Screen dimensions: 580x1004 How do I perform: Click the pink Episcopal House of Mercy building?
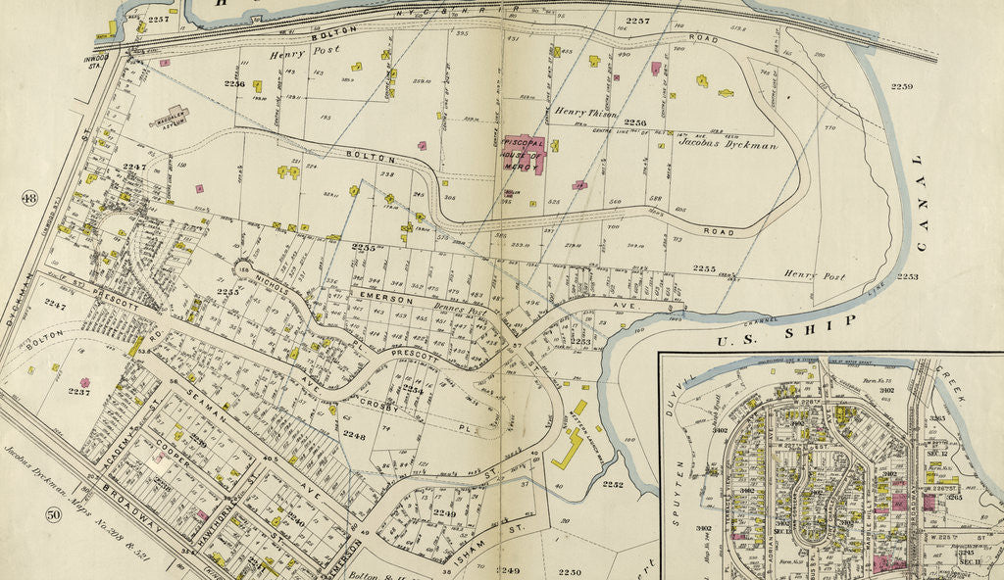pyautogui.click(x=518, y=153)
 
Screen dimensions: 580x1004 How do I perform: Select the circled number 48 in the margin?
pyautogui.click(x=28, y=199)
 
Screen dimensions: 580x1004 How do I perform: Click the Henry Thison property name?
pyautogui.click(x=583, y=112)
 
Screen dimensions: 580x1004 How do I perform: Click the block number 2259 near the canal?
pyautogui.click(x=901, y=87)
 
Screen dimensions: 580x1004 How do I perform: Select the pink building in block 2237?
pyautogui.click(x=85, y=382)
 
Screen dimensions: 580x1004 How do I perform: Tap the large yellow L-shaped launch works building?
pyautogui.click(x=570, y=449)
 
